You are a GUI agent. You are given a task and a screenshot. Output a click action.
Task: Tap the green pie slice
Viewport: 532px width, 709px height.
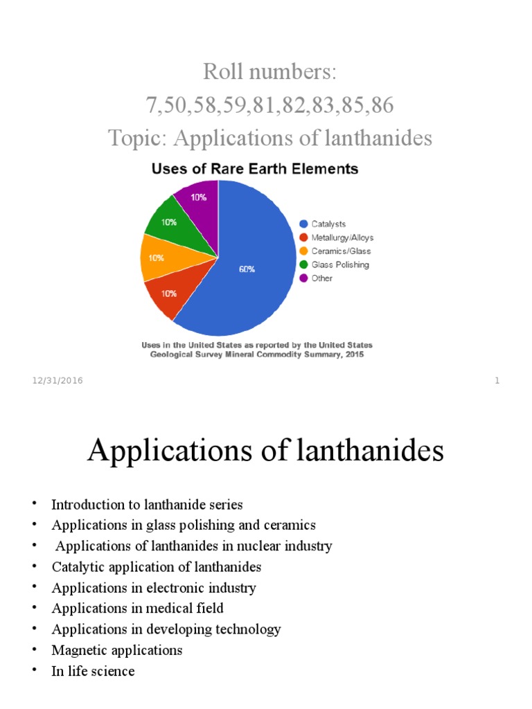click(x=169, y=224)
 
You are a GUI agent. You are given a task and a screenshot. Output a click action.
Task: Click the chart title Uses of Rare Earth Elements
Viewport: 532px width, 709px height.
click(x=255, y=168)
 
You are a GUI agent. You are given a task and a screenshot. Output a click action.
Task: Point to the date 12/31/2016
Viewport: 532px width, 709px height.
click(x=57, y=381)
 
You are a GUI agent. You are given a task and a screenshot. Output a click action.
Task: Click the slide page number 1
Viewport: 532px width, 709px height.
click(x=497, y=381)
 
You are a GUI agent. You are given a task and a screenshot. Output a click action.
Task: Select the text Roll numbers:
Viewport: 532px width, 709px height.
click(x=269, y=71)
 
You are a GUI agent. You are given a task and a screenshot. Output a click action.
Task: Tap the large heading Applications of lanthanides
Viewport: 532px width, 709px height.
click(x=265, y=452)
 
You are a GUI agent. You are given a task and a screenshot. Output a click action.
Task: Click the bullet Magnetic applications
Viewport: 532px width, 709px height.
click(x=117, y=650)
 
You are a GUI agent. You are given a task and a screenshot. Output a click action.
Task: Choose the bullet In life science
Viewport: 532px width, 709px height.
click(x=93, y=671)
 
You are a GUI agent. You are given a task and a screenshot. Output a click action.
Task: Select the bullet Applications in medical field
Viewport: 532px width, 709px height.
click(x=137, y=609)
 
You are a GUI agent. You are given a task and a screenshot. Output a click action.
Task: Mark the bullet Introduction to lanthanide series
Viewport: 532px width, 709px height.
click(x=147, y=505)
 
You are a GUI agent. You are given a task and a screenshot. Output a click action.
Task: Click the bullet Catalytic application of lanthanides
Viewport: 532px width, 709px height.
click(x=156, y=567)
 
